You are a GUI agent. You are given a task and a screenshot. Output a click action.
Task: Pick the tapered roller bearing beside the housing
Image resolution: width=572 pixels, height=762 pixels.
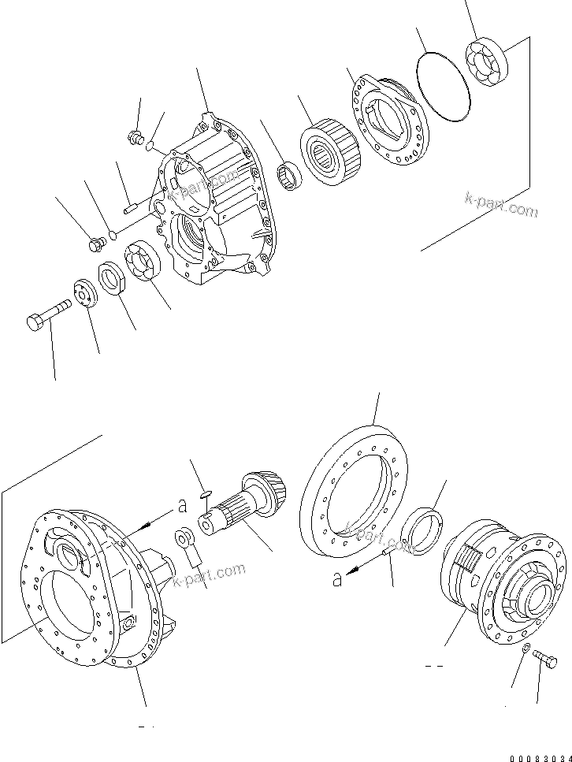coord(329,153)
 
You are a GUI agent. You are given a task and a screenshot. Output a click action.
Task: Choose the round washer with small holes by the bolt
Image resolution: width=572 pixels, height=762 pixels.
coord(82,293)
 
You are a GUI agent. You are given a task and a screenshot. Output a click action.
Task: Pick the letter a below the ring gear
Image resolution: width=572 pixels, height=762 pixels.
coord(338,579)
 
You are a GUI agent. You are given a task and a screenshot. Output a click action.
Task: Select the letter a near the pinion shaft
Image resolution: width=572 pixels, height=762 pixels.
coord(180,502)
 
